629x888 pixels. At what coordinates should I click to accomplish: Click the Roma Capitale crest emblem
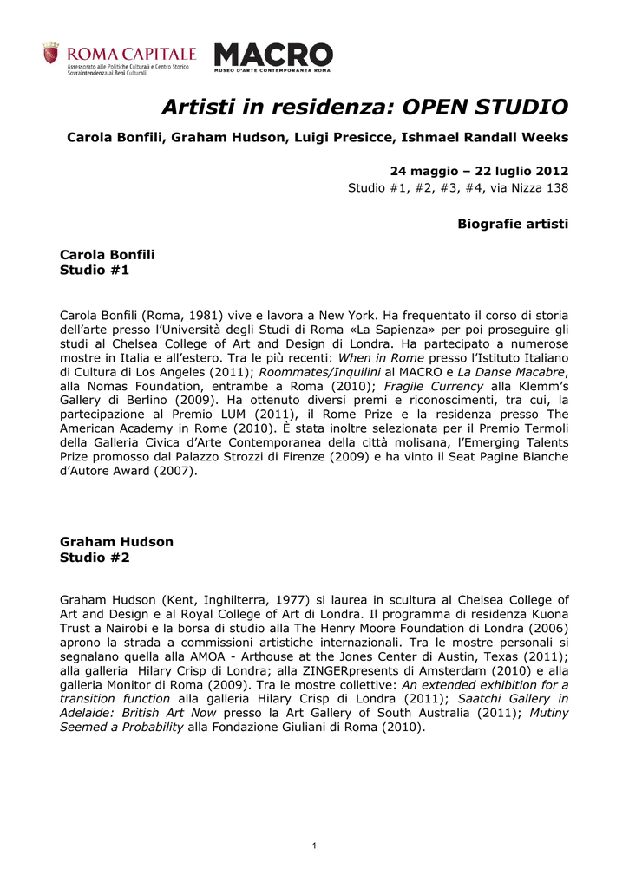pyautogui.click(x=51, y=54)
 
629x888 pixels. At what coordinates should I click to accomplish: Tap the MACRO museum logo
pyautogui.click(x=273, y=56)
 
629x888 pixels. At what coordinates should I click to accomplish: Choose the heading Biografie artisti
pyautogui.click(x=512, y=224)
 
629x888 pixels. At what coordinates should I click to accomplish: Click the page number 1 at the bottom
pyautogui.click(x=314, y=846)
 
